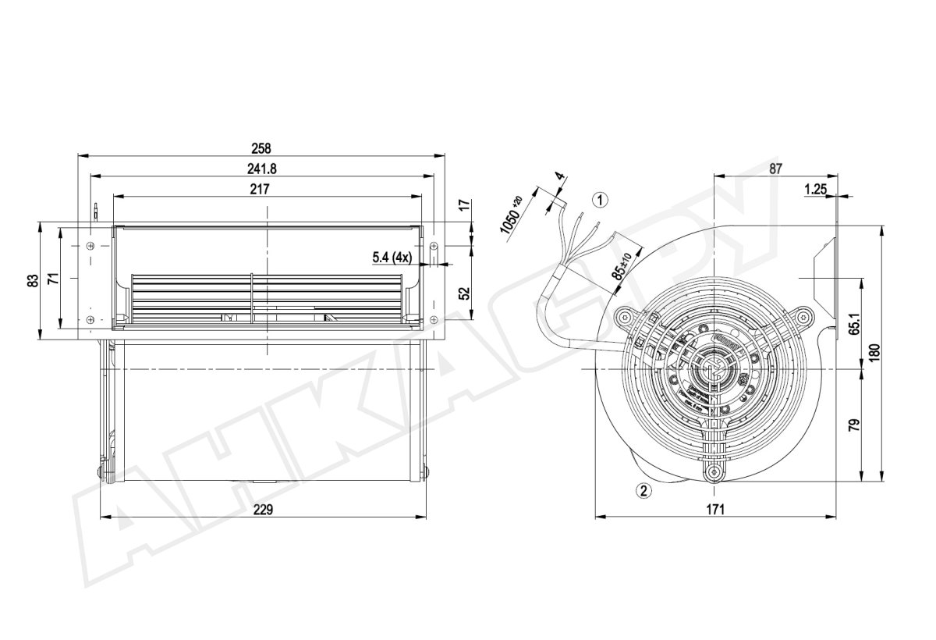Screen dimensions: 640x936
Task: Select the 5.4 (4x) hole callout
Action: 391,256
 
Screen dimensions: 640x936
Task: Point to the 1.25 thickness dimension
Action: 814,188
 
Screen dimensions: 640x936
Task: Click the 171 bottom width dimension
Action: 716,509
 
